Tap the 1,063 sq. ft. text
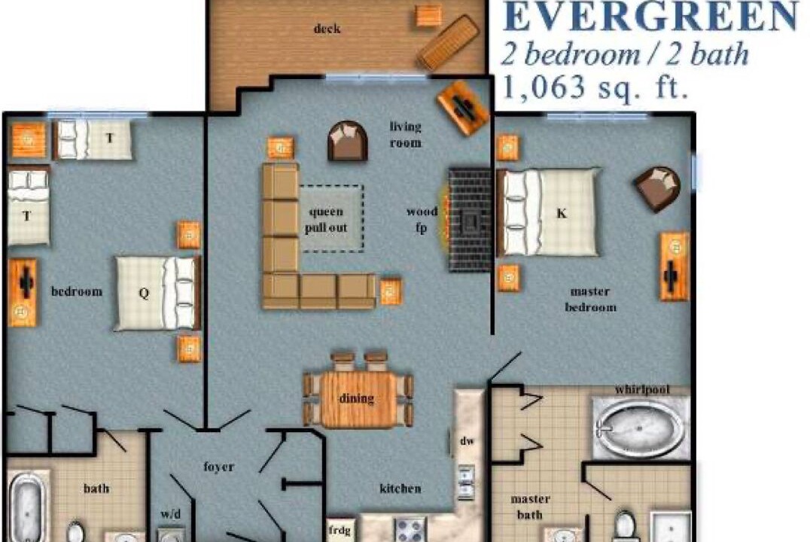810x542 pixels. tap(595, 87)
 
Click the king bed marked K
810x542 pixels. tap(549, 212)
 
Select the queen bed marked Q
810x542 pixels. tap(157, 293)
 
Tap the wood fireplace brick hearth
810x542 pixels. tap(469, 219)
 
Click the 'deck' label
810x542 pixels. tap(327, 29)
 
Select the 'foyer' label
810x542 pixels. tap(218, 467)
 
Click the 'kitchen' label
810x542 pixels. tap(400, 489)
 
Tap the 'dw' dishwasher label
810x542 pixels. tap(467, 440)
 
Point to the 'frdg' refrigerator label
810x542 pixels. tap(340, 530)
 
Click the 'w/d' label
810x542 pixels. tap(170, 514)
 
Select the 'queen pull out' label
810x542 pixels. tap(326, 220)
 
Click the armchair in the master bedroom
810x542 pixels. tap(657, 188)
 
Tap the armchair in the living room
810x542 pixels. tap(348, 141)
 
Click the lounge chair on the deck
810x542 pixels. tap(449, 42)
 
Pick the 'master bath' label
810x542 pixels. tap(530, 507)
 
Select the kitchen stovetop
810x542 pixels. tap(411, 530)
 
